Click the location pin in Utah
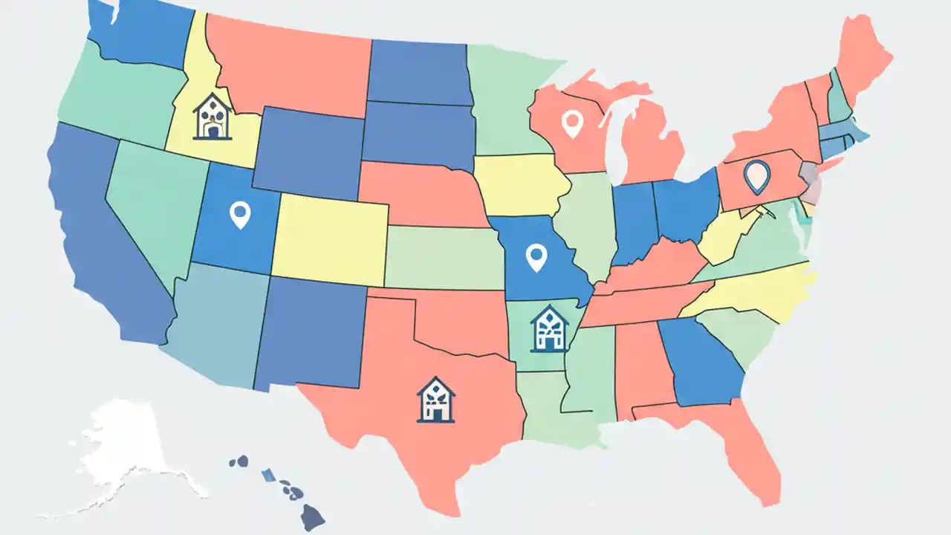(x=240, y=214)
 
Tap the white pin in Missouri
(x=536, y=256)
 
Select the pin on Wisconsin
(x=571, y=123)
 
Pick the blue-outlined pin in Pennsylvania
(x=757, y=176)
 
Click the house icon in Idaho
(x=212, y=117)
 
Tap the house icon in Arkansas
(x=549, y=328)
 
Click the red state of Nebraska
(x=420, y=193)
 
